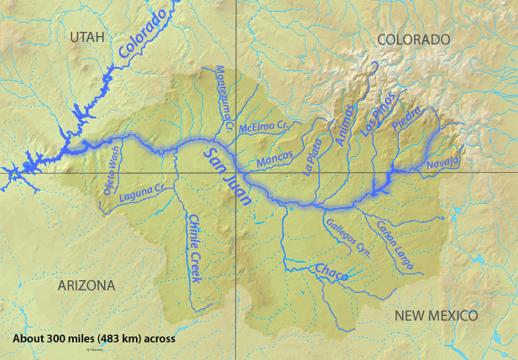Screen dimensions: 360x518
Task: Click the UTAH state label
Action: point(90,37)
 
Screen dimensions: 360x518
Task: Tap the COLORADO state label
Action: point(413,39)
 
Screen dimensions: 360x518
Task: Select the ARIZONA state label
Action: point(86,285)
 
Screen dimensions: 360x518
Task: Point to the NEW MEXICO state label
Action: point(436,315)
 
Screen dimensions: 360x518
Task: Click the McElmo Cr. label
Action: point(264,127)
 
